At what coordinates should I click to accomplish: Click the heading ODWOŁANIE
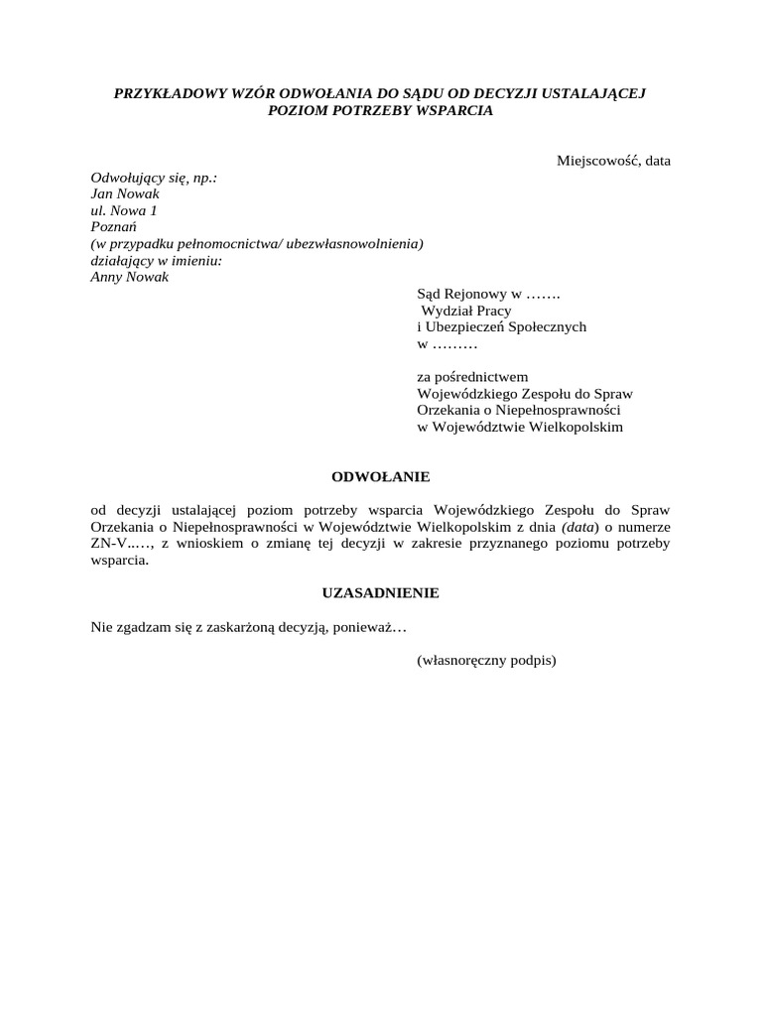click(x=380, y=476)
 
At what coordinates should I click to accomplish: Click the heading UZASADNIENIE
click(x=380, y=592)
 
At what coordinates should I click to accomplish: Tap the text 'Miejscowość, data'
click(x=613, y=160)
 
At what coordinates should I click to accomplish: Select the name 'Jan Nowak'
click(x=125, y=193)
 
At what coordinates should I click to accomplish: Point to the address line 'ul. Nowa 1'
click(x=123, y=210)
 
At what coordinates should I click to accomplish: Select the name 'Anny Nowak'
click(x=130, y=277)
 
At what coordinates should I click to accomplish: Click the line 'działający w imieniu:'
click(x=156, y=260)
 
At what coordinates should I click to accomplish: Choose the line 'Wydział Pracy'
click(x=467, y=311)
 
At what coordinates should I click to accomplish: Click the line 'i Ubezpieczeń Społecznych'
click(x=501, y=326)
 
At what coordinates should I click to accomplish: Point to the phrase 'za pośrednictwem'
click(x=473, y=376)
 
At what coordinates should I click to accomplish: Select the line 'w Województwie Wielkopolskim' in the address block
click(x=520, y=426)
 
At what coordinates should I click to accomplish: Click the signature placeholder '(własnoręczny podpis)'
click(x=486, y=659)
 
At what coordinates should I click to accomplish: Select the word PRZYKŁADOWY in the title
click(x=167, y=94)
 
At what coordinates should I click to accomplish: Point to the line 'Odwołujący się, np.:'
click(x=154, y=178)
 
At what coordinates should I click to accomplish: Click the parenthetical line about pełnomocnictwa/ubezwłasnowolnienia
click(x=257, y=243)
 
